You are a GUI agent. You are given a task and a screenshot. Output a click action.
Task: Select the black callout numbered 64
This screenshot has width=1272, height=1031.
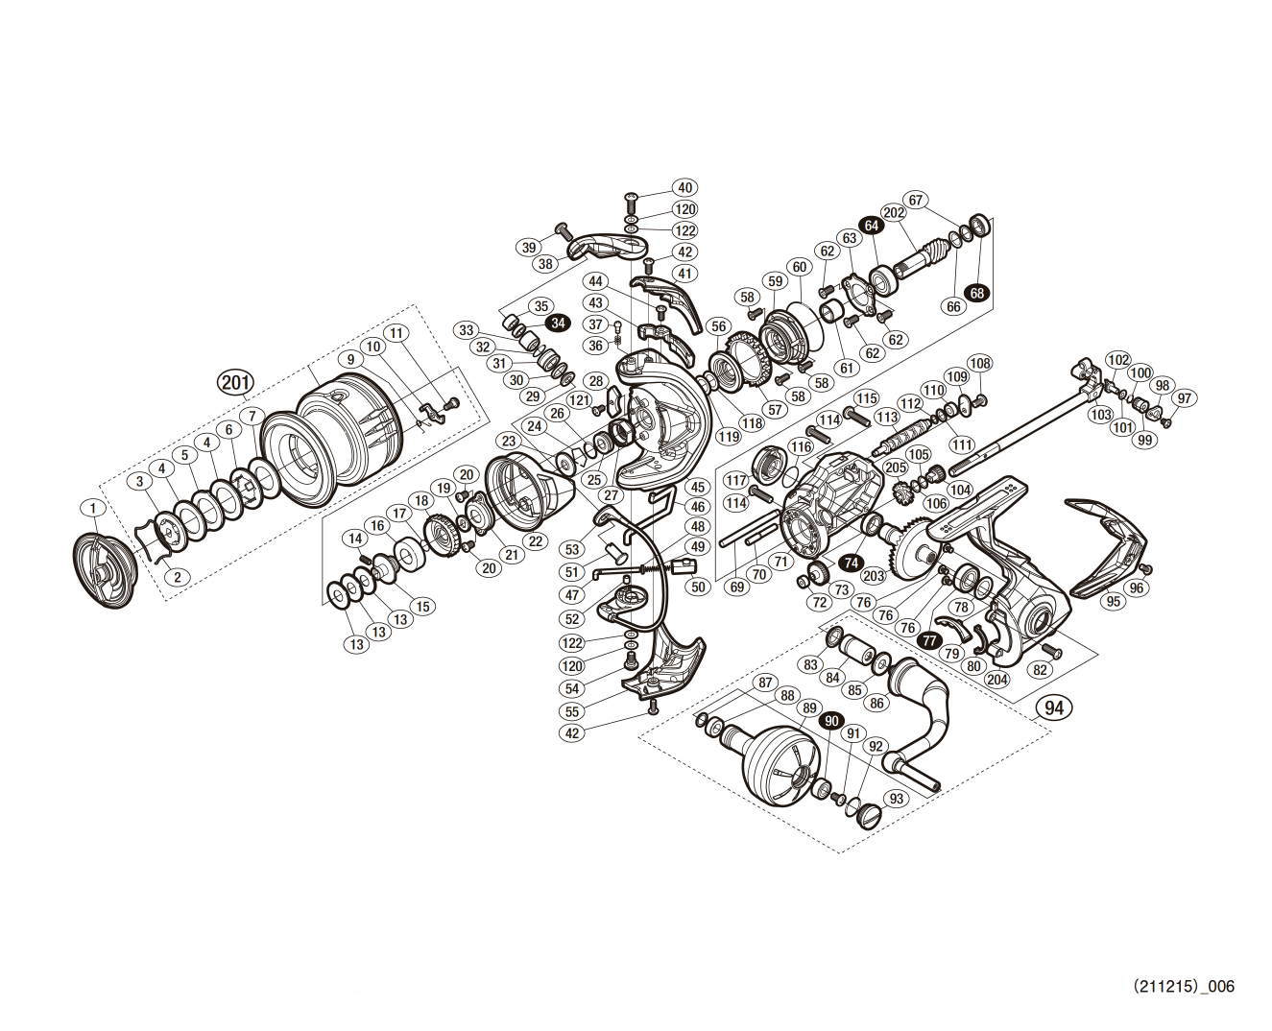[872, 226]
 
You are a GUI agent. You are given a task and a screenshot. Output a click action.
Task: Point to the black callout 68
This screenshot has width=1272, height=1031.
[977, 293]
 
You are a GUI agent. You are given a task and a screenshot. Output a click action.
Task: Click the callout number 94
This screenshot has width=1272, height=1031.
[1053, 707]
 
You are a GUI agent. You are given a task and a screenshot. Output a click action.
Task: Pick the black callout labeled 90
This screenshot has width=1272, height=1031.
[830, 719]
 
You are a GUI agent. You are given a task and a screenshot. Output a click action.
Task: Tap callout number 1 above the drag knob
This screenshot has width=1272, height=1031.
[92, 507]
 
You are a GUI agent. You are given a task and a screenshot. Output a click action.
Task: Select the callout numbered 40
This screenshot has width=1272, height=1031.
[685, 188]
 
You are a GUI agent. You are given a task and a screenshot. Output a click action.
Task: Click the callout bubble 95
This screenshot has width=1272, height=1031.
[1113, 602]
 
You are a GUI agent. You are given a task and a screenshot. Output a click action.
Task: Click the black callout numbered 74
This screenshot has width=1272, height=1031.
[849, 563]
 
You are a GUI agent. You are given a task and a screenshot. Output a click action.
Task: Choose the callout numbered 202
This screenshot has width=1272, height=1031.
[894, 213]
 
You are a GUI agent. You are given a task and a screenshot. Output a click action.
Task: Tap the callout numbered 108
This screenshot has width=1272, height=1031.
[979, 363]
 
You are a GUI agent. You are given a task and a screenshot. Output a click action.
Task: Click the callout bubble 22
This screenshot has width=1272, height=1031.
[536, 541]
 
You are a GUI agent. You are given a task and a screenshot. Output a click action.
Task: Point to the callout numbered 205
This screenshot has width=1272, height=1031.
[895, 468]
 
